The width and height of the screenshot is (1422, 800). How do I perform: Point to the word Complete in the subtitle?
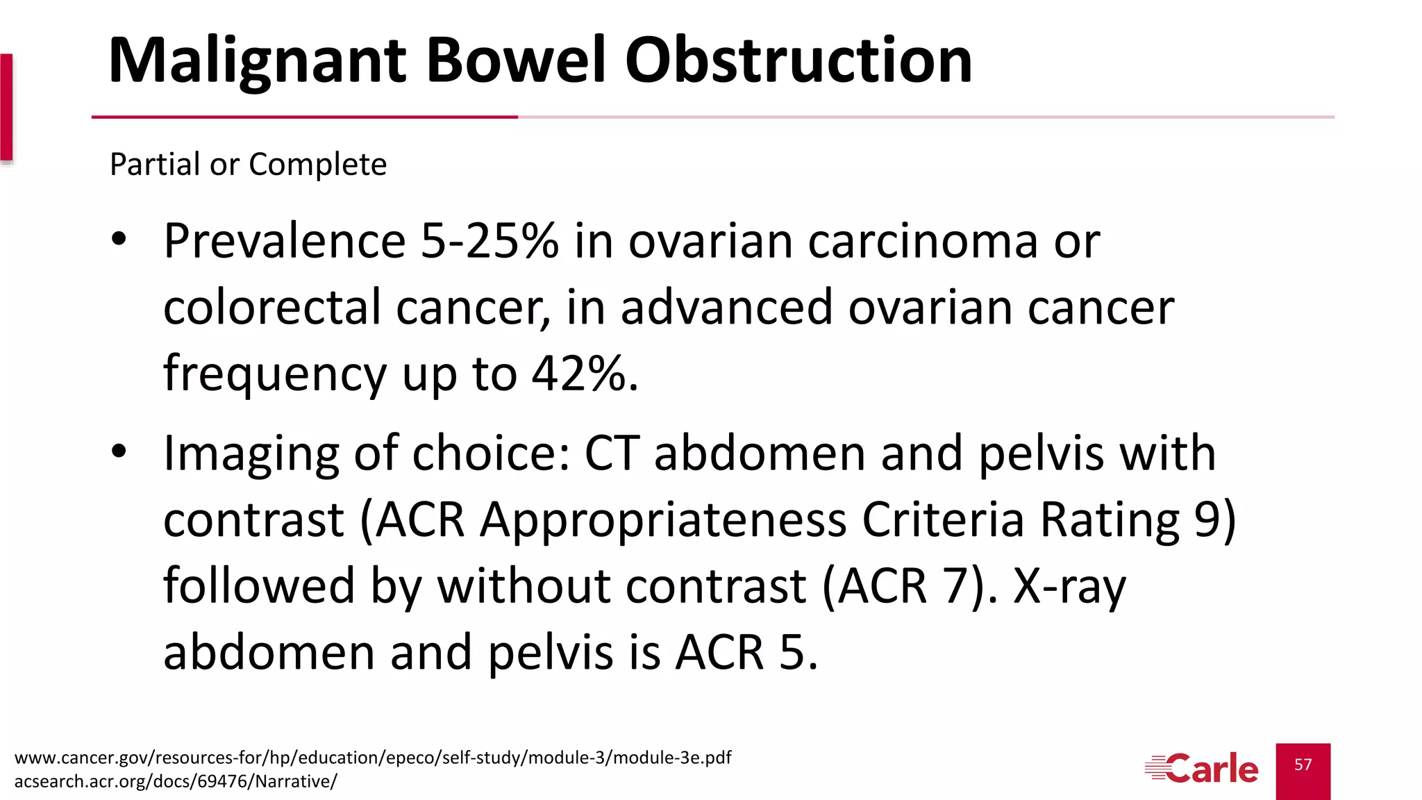tap(317, 165)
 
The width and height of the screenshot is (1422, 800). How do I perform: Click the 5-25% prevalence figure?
tap(489, 242)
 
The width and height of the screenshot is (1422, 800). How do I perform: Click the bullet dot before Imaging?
tap(119, 451)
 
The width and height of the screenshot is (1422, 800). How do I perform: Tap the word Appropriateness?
tap(662, 519)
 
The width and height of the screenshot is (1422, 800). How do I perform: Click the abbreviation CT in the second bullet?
tap(611, 453)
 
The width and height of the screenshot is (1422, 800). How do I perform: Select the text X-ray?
tap(1069, 587)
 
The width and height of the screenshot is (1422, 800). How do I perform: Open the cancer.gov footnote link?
tap(373, 757)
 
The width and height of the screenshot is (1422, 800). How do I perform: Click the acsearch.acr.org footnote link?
tap(175, 781)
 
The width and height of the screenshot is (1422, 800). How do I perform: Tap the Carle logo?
tap(1201, 769)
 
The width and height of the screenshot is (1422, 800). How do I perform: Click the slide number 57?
tap(1303, 765)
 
